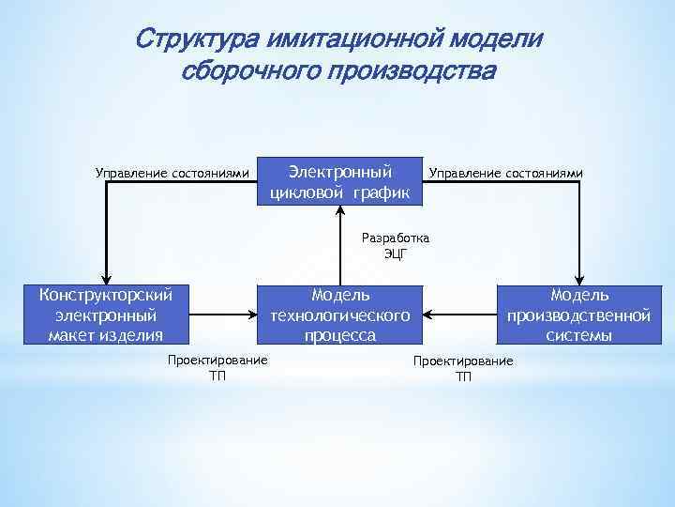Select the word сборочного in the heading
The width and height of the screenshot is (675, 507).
[246, 72]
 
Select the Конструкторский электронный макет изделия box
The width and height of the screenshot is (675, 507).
[106, 315]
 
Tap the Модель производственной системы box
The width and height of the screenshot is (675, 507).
[578, 315]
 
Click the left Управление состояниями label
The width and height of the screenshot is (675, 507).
[172, 173]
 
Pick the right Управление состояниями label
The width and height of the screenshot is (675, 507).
[505, 173]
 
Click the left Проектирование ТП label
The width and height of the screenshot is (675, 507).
[217, 368]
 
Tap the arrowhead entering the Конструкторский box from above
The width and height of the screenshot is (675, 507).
[106, 277]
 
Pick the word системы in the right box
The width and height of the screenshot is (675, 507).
[578, 335]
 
